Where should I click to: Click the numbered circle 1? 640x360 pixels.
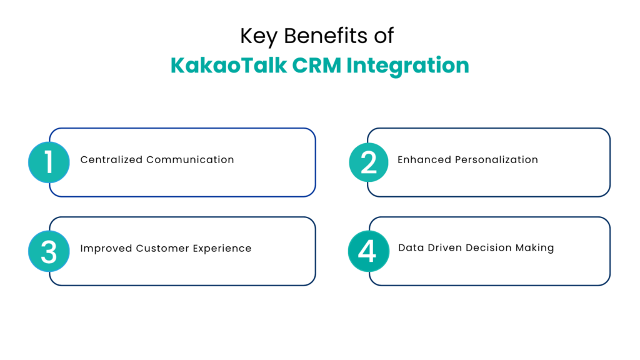coord(49,162)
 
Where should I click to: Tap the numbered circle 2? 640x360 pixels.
coord(369,162)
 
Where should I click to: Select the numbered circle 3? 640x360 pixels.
coord(49,251)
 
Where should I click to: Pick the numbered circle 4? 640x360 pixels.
coord(368,251)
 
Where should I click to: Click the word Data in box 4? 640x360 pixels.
coord(410,248)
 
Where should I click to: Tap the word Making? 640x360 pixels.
coord(534,248)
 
